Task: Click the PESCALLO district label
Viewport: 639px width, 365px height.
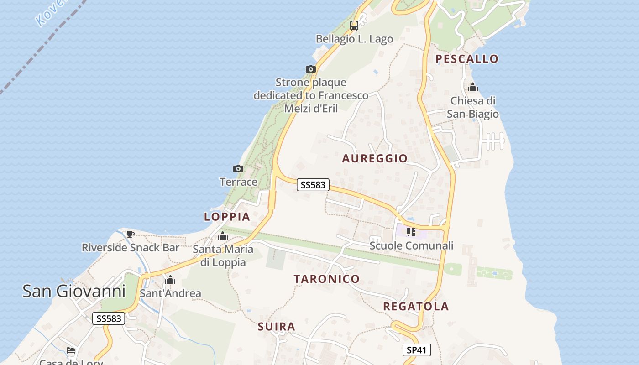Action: pyautogui.click(x=467, y=59)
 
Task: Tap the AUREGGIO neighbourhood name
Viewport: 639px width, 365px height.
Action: pyautogui.click(x=375, y=158)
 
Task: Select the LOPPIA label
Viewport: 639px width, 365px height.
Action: pyautogui.click(x=227, y=217)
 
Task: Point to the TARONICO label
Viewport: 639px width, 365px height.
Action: pyautogui.click(x=327, y=279)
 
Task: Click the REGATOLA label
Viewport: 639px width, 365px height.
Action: pyautogui.click(x=416, y=306)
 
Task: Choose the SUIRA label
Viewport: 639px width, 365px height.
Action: pyautogui.click(x=277, y=327)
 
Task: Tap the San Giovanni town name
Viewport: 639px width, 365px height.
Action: pyautogui.click(x=74, y=291)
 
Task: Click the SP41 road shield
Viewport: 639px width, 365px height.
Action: pyautogui.click(x=416, y=350)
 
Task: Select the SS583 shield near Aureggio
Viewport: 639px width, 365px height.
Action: pyautogui.click(x=313, y=185)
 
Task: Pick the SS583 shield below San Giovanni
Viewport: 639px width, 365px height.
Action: pyautogui.click(x=109, y=318)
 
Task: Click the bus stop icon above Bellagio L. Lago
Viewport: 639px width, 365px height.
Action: pyautogui.click(x=354, y=26)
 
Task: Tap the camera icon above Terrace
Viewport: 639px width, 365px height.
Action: pyautogui.click(x=238, y=169)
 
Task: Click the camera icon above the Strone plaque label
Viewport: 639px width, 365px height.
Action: pyautogui.click(x=311, y=69)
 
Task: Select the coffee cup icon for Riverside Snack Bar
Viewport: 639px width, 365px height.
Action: pyautogui.click(x=131, y=235)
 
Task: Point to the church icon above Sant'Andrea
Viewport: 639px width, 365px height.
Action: pyautogui.click(x=170, y=280)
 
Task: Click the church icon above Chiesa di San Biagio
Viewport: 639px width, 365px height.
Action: pyautogui.click(x=473, y=87)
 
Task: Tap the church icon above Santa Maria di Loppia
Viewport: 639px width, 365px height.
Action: pyautogui.click(x=223, y=236)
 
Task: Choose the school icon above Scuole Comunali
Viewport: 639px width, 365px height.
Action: pyautogui.click(x=411, y=232)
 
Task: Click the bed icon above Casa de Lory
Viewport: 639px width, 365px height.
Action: pyautogui.click(x=71, y=350)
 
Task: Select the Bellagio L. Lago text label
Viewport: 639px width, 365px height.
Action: pyautogui.click(x=354, y=39)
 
